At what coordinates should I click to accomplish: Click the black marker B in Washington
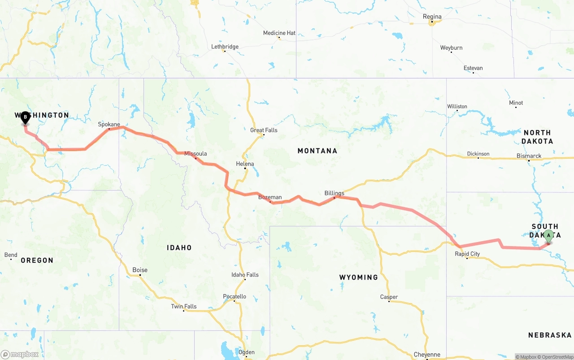coord(26,118)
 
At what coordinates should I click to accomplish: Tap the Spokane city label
coord(109,124)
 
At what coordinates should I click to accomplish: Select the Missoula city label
coord(196,153)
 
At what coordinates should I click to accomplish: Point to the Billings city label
coord(334,193)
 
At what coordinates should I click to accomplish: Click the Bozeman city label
coord(270,197)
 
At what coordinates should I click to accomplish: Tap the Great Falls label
coord(264,130)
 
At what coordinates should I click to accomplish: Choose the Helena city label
coord(245,164)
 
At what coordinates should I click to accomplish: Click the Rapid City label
coord(467,254)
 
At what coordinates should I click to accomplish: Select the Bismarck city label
coord(529,156)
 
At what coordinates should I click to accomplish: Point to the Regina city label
coord(432,17)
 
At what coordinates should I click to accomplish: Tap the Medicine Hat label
coord(279,33)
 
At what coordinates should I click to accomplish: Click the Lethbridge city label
coord(225,47)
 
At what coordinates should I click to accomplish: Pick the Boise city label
coord(140,270)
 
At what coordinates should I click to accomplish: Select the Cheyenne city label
coord(427,355)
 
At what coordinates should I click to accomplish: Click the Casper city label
coord(389,297)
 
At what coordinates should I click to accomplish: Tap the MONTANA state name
coord(317,151)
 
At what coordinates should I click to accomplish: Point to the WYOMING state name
coord(358,277)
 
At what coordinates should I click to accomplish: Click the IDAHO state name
coord(179,247)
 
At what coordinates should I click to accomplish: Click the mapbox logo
coord(20,354)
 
